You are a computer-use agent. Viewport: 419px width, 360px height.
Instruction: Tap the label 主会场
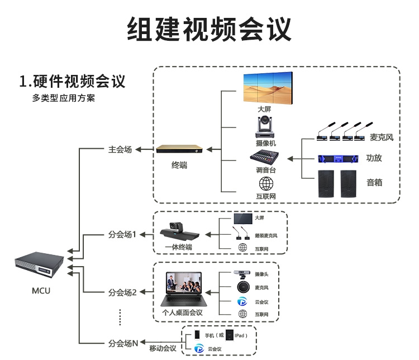click(x=120, y=150)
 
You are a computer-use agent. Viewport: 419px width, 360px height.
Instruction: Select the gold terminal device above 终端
click(x=178, y=150)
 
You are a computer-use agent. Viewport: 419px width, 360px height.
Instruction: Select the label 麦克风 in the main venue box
click(x=382, y=138)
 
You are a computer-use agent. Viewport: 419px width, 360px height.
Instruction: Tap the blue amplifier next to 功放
click(x=337, y=158)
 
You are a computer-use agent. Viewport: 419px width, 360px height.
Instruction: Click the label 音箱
click(x=374, y=182)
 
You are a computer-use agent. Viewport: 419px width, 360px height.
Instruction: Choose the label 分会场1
click(x=122, y=234)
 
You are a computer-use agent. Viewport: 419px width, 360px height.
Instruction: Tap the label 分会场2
click(x=122, y=292)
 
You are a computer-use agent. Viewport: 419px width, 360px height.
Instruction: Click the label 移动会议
click(x=163, y=349)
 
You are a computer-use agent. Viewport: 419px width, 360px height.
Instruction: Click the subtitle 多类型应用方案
click(x=64, y=98)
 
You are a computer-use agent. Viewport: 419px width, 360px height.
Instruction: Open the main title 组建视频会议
click(x=209, y=29)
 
